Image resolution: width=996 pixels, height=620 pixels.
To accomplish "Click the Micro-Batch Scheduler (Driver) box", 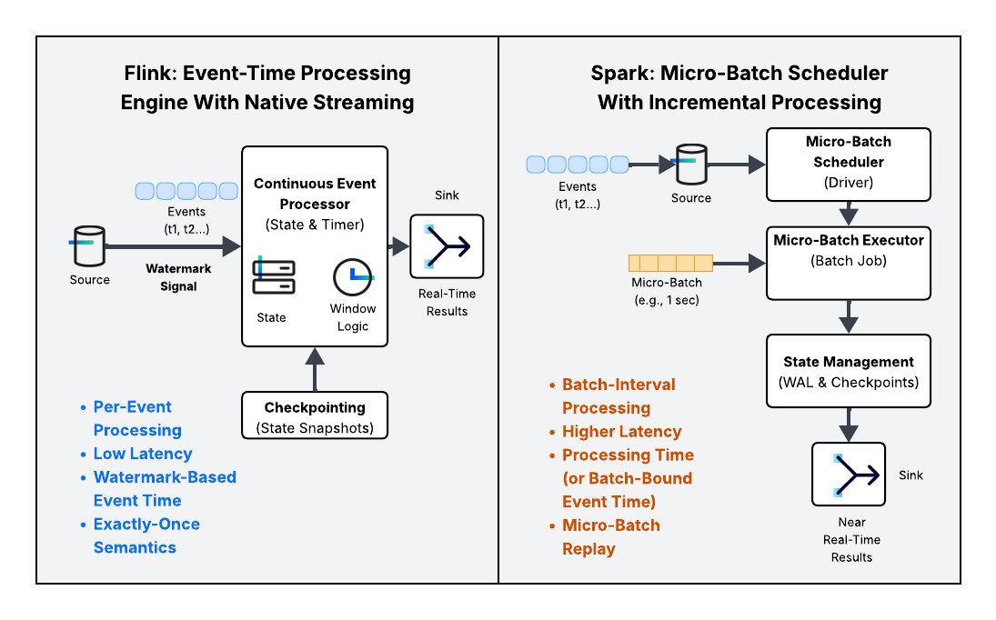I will pyautogui.click(x=848, y=164).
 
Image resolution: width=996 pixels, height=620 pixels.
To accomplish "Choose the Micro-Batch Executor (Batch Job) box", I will pyautogui.click(x=848, y=263).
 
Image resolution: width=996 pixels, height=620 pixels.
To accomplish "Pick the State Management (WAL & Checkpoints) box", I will pyautogui.click(x=848, y=372).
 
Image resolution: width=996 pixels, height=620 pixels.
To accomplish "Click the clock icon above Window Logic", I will pyautogui.click(x=353, y=278).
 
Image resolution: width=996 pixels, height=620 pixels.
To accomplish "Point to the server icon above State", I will pyautogui.click(x=272, y=277).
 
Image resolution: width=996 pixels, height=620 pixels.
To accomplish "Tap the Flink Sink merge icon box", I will pyautogui.click(x=447, y=246).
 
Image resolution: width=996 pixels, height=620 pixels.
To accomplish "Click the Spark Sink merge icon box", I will pyautogui.click(x=848, y=474).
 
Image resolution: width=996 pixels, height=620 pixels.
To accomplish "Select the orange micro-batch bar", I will pyautogui.click(x=671, y=263).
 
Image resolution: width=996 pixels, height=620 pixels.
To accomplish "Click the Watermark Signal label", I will pyautogui.click(x=178, y=277).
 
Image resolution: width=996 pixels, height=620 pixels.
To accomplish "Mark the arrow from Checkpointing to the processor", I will pyautogui.click(x=315, y=368).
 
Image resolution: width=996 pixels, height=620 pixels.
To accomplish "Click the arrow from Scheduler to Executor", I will pyautogui.click(x=848, y=214).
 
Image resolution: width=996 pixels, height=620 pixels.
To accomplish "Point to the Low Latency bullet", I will pyautogui.click(x=143, y=454).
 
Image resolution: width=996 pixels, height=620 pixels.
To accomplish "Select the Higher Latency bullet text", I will pyautogui.click(x=621, y=432).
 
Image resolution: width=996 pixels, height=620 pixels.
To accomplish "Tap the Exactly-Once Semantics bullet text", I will pyautogui.click(x=146, y=535).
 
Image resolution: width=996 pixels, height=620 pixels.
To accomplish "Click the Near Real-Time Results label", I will pyautogui.click(x=851, y=539).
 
